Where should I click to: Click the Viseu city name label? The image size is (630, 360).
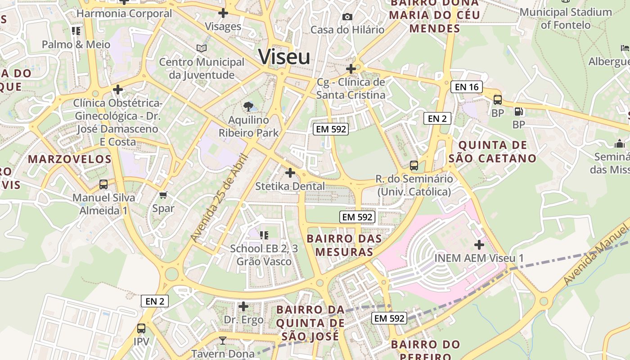pyautogui.click(x=284, y=57)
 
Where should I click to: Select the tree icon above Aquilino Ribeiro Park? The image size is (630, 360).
pyautogui.click(x=248, y=107)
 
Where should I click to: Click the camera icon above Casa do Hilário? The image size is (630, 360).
pyautogui.click(x=347, y=17)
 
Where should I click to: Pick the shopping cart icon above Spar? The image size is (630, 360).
pyautogui.click(x=163, y=195)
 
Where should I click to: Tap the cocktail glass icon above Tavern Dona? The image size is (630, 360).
pyautogui.click(x=222, y=340)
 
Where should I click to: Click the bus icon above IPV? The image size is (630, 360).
pyautogui.click(x=141, y=328)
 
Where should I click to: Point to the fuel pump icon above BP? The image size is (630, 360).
pyautogui.click(x=518, y=111)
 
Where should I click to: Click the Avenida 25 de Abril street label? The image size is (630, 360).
pyautogui.click(x=220, y=198)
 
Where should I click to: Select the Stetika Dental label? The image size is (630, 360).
pyautogui.click(x=290, y=186)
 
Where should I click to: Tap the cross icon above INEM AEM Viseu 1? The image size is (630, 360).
pyautogui.click(x=479, y=245)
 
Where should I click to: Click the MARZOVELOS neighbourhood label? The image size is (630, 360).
pyautogui.click(x=70, y=159)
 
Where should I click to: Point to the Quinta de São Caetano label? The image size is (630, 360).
pyautogui.click(x=492, y=152)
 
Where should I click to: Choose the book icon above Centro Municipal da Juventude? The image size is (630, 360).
pyautogui.click(x=202, y=48)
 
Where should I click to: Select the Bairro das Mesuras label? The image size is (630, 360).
pyautogui.click(x=344, y=245)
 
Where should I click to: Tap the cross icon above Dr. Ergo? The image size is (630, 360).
pyautogui.click(x=243, y=306)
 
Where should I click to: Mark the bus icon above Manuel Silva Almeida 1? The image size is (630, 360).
pyautogui.click(x=103, y=184)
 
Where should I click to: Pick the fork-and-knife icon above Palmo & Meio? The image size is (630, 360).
pyautogui.click(x=76, y=31)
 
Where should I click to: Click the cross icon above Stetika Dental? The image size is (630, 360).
pyautogui.click(x=290, y=172)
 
